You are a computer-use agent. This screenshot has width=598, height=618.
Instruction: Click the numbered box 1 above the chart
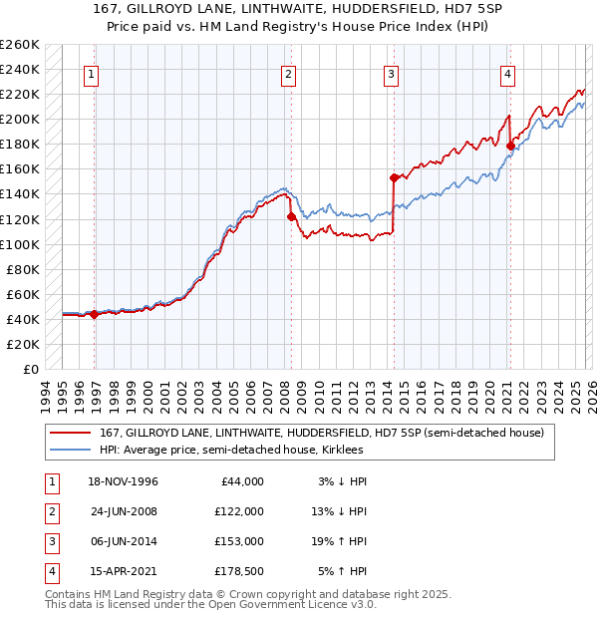point(91,73)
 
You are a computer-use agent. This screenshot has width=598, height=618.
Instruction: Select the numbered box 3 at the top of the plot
point(391,73)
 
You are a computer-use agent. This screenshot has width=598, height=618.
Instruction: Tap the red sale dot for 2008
point(292,216)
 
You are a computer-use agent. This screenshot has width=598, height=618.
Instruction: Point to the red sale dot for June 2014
point(394,177)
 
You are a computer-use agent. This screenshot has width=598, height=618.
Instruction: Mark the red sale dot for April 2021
point(510,146)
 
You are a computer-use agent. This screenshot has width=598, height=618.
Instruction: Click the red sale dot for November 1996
point(94,314)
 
